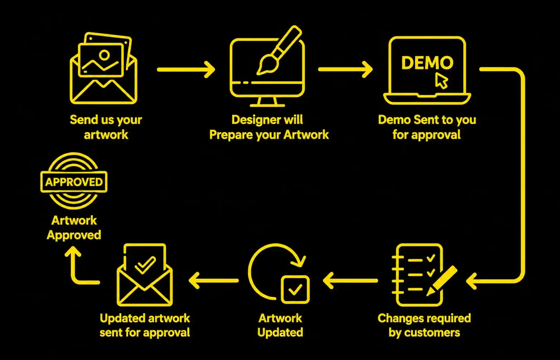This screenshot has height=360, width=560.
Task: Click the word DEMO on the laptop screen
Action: click(427, 63)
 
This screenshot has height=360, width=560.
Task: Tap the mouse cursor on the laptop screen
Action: click(441, 81)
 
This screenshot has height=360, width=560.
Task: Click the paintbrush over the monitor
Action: click(279, 50)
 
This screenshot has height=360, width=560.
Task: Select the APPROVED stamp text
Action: click(74, 182)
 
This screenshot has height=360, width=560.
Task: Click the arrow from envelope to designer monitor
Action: click(186, 69)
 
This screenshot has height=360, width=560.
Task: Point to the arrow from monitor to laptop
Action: click(346, 69)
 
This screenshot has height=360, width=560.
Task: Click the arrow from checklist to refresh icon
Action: click(350, 281)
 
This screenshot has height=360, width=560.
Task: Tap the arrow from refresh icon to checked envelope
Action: click(214, 281)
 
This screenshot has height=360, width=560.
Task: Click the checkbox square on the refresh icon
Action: click(295, 290)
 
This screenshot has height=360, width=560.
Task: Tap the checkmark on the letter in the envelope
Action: click(145, 265)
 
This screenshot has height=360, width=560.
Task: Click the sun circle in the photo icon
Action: click(104, 55)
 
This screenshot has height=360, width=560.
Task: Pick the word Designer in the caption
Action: click(254, 120)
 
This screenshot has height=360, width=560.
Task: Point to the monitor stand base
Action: click(267, 105)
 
